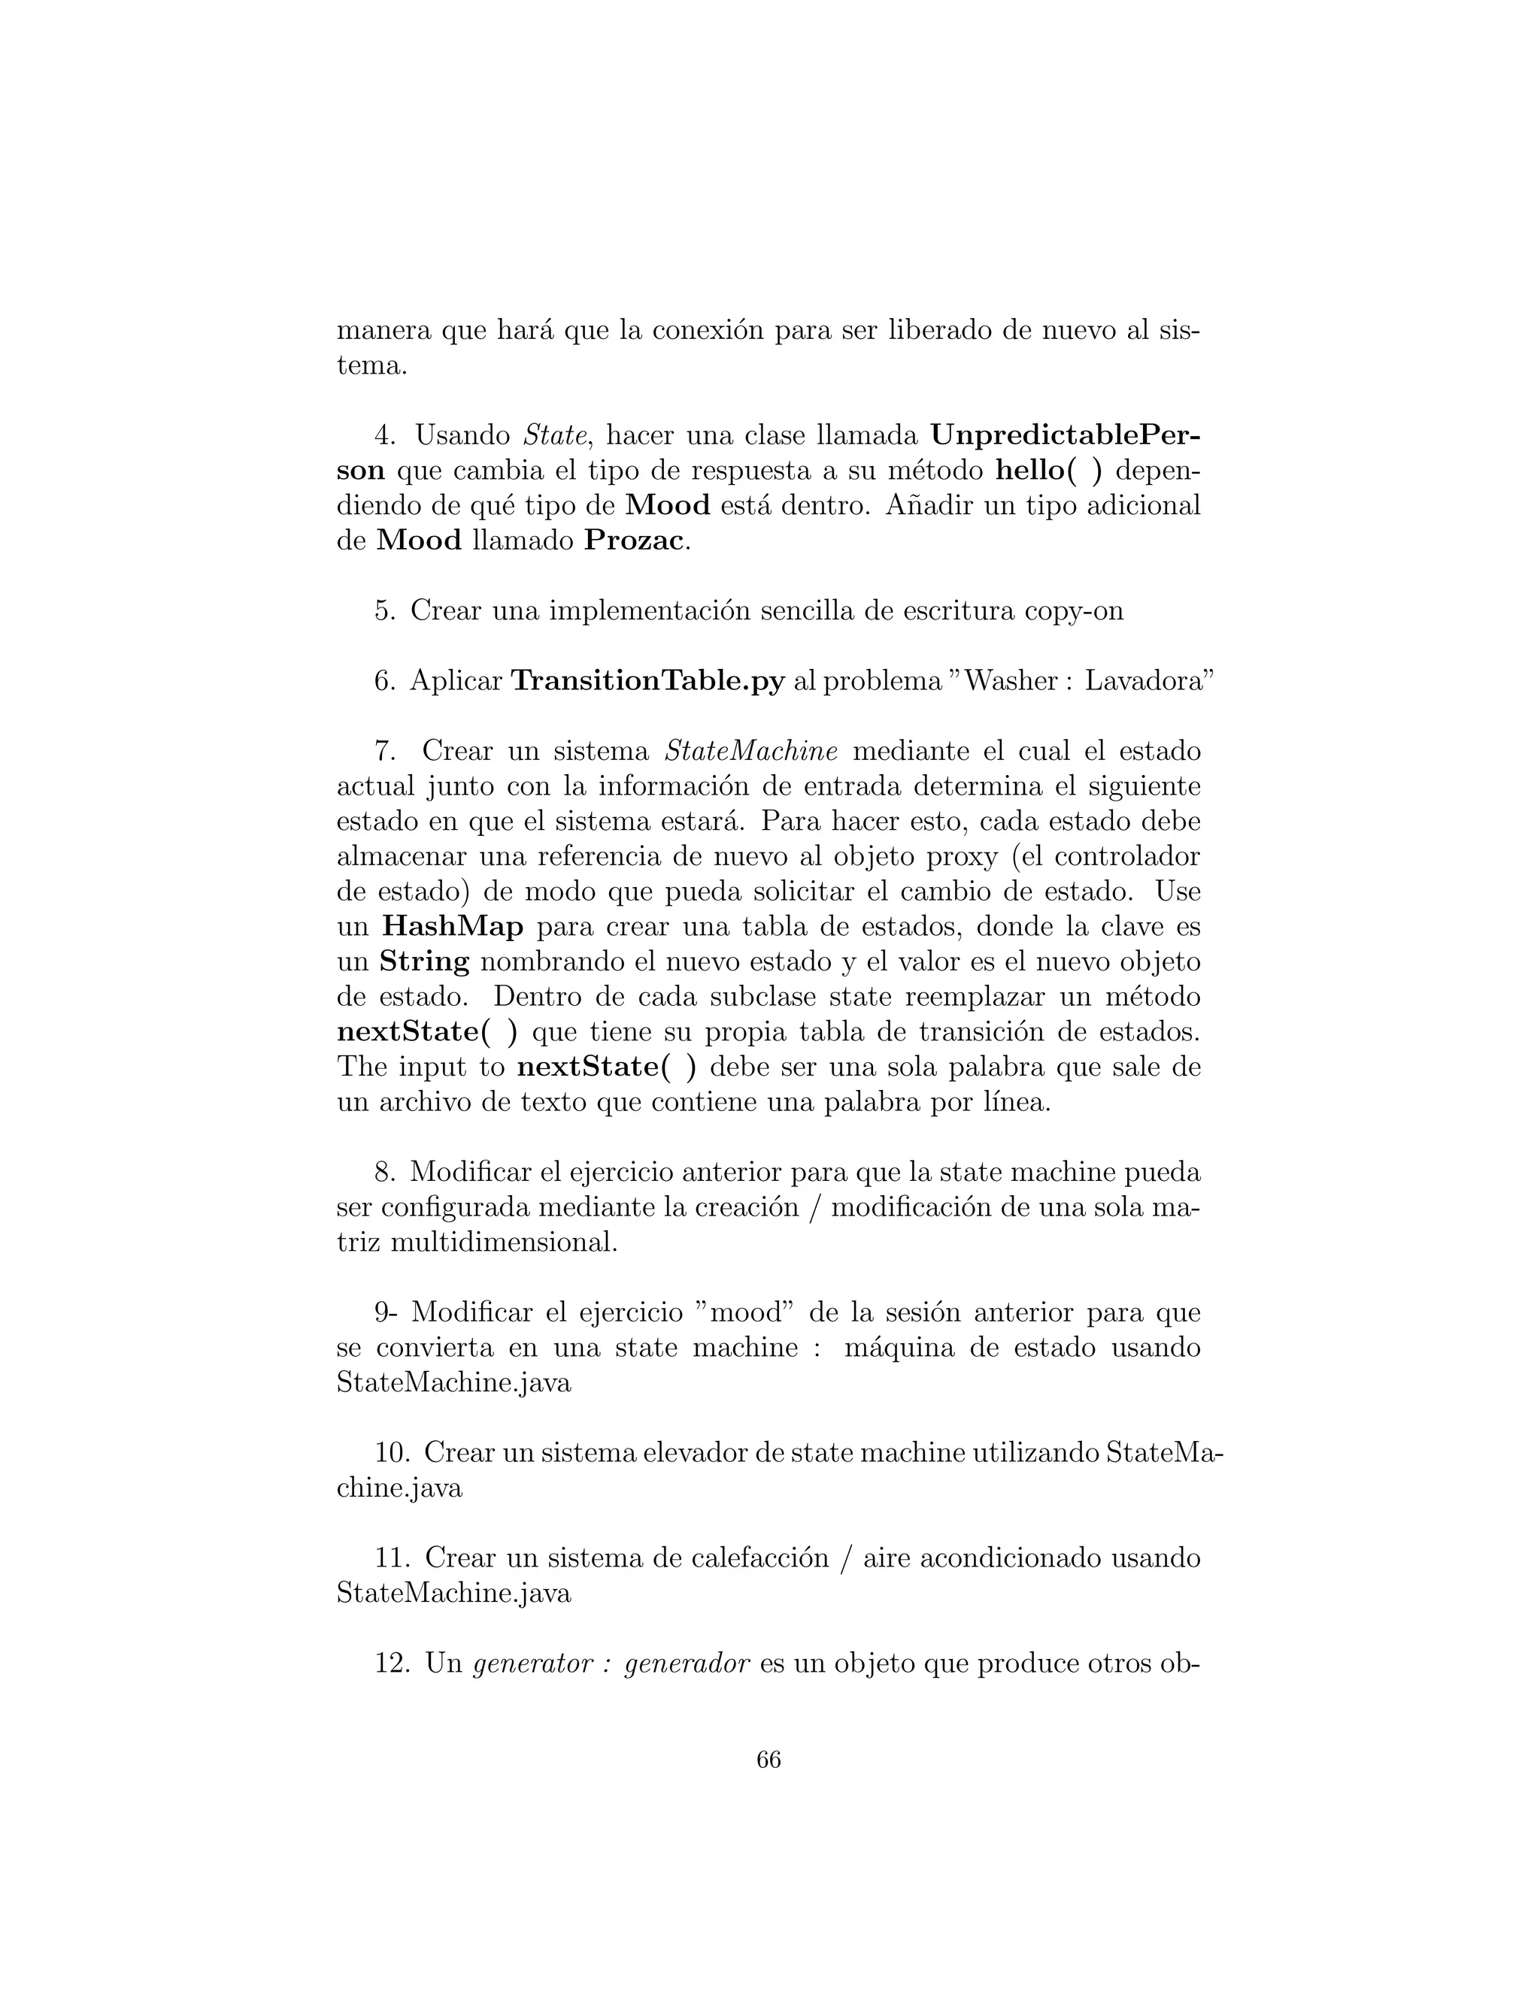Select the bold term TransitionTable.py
[647, 680]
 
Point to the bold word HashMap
[453, 927]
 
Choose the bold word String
[424, 961]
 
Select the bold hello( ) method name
[1048, 471]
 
